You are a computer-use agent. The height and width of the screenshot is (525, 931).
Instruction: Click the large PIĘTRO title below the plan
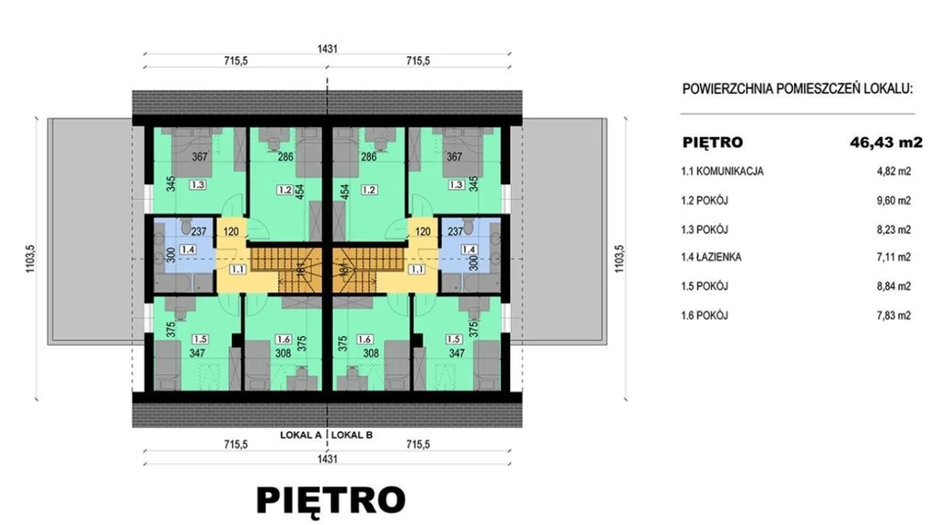331,500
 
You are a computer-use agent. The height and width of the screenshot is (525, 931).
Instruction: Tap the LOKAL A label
300,435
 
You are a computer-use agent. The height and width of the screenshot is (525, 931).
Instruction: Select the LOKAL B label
352,435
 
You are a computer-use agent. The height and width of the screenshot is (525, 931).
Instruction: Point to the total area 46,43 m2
886,143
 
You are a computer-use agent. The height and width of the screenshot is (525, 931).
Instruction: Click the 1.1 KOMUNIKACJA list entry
722,172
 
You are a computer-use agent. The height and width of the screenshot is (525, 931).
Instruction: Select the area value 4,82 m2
894,172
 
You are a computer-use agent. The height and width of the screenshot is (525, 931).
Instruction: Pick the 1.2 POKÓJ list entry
705,200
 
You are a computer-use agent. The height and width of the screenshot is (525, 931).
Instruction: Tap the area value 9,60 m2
894,201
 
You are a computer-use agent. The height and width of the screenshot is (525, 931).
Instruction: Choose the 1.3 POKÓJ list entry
705,229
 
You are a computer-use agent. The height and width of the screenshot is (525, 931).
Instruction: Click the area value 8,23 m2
894,230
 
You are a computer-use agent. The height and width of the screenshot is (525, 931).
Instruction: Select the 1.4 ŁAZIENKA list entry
711,257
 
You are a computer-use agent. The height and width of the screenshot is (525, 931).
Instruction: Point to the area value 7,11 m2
894,257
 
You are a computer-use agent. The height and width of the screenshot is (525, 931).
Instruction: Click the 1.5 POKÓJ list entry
705,286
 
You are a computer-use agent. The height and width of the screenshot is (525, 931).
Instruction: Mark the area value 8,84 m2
894,286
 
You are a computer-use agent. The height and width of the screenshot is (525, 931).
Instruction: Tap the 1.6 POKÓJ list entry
705,315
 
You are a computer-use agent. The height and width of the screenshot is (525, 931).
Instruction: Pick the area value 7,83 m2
894,315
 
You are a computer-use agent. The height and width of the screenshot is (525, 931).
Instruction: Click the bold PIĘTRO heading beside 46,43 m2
713,143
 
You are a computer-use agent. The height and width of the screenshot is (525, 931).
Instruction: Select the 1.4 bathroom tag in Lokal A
187,250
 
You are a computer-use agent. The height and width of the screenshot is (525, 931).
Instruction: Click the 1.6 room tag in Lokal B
364,340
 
